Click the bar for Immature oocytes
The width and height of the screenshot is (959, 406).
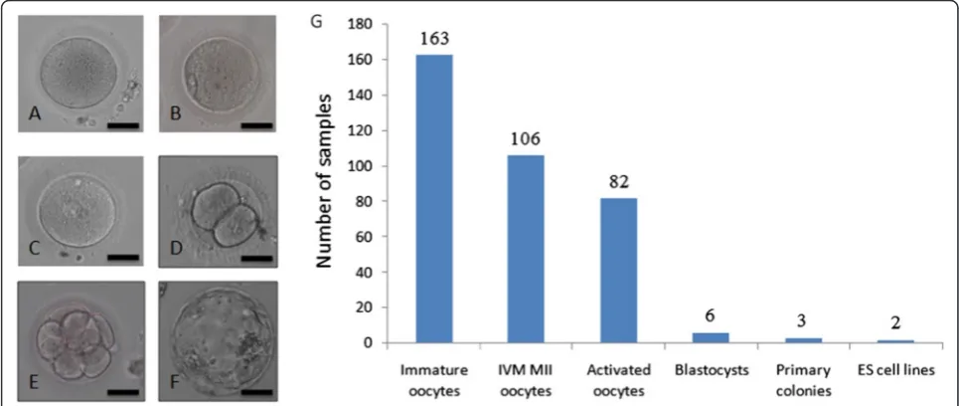tap(434, 198)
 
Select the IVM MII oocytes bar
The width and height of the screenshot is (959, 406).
tap(526, 249)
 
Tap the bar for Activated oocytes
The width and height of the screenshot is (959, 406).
tap(618, 270)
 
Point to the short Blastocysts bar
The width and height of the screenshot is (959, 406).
tap(711, 337)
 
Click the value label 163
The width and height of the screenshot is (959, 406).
tap(435, 39)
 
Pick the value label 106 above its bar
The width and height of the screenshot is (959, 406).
tap(527, 139)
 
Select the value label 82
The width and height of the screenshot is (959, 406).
tap(619, 182)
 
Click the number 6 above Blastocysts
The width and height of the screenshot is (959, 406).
tap(712, 316)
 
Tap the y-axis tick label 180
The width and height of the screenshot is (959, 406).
tap(360, 25)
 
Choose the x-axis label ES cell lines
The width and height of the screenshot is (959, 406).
tap(894, 370)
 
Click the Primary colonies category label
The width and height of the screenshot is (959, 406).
tap(803, 380)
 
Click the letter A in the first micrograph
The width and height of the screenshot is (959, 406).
tap(34, 113)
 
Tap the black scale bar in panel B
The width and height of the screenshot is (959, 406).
tap(256, 125)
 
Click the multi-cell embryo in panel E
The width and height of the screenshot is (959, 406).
tap(75, 343)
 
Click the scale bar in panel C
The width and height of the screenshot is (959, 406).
tap(123, 257)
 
